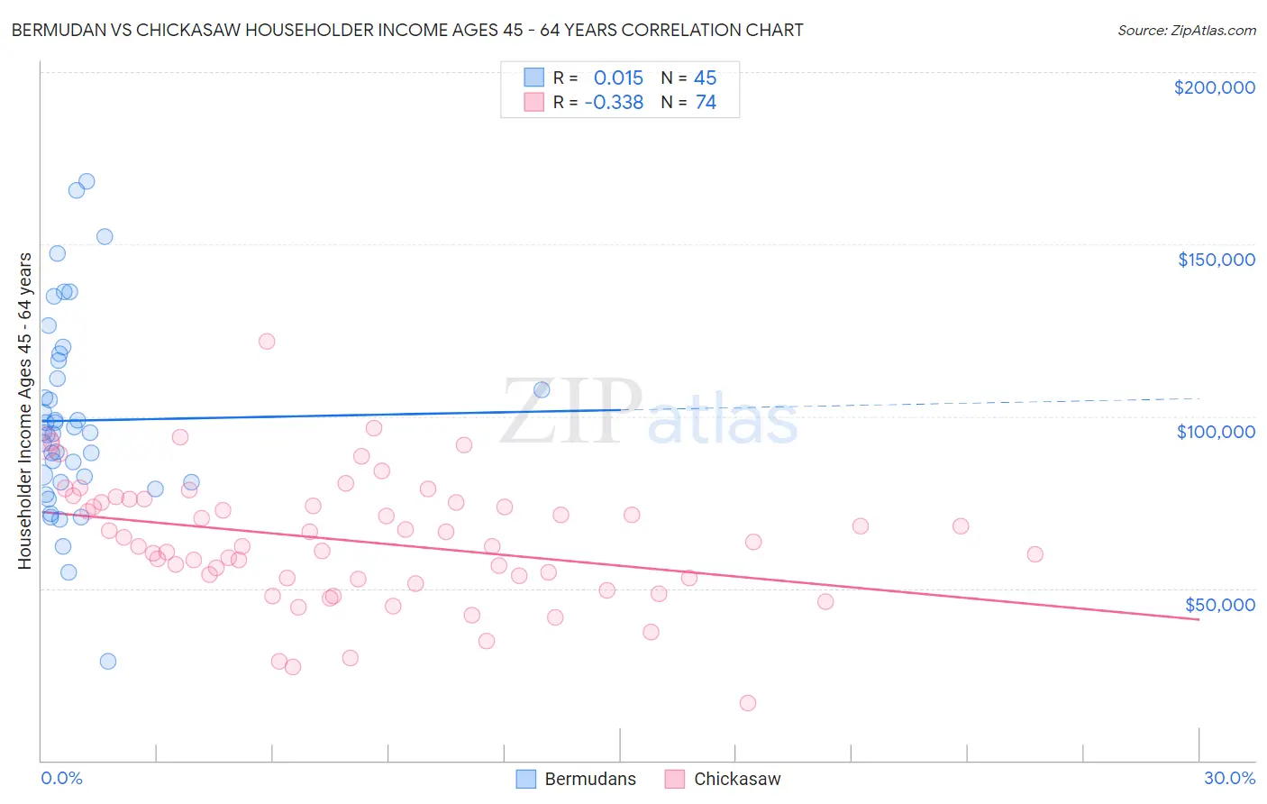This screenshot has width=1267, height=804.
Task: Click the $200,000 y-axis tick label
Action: (x=1214, y=87)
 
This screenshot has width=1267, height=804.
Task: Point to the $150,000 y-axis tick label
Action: (x=1216, y=260)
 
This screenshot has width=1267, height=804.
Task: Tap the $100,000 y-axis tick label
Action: (x=1216, y=432)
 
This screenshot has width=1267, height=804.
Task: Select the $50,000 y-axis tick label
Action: (x=1219, y=605)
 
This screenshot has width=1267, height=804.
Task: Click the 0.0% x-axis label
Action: (x=61, y=778)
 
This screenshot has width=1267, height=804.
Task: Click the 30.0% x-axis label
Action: (x=1229, y=778)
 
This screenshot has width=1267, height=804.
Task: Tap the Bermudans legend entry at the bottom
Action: (x=577, y=779)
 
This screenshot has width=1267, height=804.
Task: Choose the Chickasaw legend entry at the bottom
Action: (x=723, y=779)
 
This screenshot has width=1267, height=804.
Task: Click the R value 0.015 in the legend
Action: (x=618, y=78)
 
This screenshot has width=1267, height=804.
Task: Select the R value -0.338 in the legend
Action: (x=614, y=103)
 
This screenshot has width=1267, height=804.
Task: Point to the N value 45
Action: (x=705, y=78)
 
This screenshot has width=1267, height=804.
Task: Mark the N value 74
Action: (x=706, y=103)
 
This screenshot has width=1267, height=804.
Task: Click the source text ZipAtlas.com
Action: (x=1186, y=31)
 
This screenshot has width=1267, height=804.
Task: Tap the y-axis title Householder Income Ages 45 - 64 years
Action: (x=24, y=410)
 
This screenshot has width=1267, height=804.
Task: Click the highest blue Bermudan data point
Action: (x=87, y=181)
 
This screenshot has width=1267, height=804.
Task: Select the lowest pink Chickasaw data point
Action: (x=747, y=703)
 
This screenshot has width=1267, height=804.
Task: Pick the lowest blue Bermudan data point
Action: (x=107, y=661)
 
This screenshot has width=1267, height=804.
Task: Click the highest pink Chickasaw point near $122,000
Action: (x=266, y=341)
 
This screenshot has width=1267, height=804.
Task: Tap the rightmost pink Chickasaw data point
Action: (x=1035, y=554)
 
